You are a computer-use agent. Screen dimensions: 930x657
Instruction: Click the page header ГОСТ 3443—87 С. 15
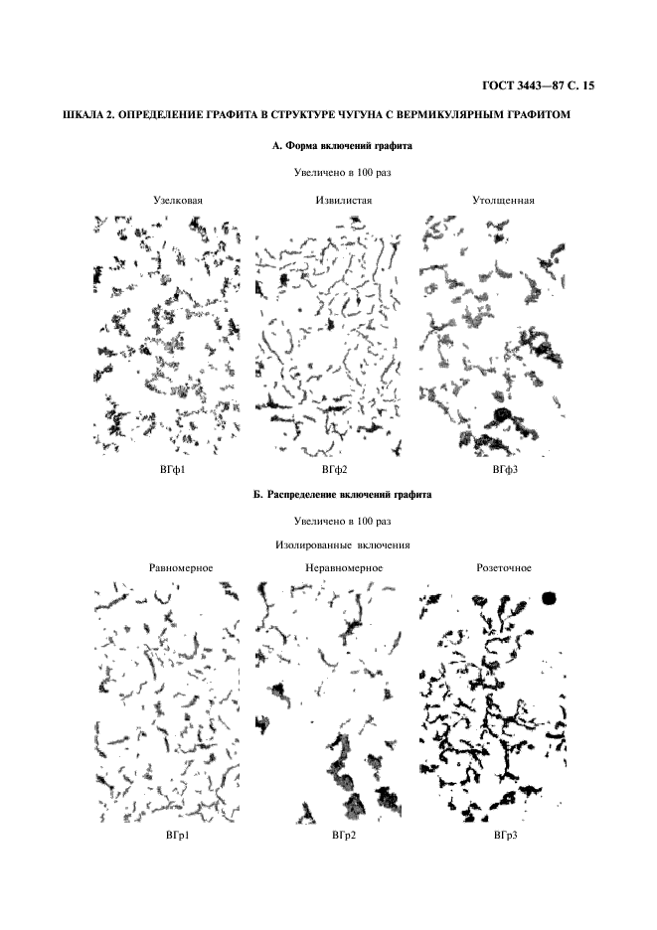[538, 86]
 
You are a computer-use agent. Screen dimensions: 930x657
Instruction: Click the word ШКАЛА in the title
[83, 116]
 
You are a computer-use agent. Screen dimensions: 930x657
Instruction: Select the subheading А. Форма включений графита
[342, 145]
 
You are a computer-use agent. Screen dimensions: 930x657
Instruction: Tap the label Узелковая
[179, 200]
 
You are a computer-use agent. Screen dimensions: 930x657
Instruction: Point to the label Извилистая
[343, 200]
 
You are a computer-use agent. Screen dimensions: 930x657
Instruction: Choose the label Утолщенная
[504, 200]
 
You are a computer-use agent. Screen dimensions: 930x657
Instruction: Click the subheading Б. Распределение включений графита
[342, 494]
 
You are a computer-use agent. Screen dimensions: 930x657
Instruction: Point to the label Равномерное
[180, 568]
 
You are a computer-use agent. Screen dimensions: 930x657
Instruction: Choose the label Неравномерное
[344, 568]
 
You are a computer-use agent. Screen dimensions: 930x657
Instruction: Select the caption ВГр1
[178, 836]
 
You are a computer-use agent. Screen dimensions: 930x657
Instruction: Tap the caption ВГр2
[343, 836]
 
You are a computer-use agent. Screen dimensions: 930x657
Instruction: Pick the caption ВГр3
[506, 836]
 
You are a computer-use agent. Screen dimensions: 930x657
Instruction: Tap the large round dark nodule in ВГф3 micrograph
[501, 414]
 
